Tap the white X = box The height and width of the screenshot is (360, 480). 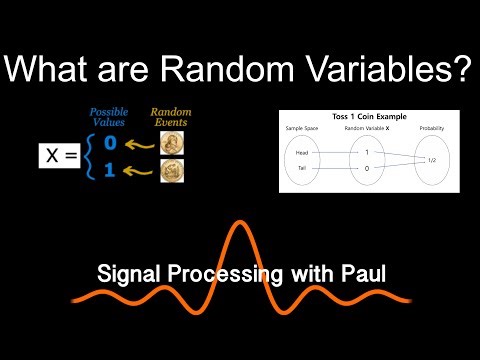coord(61,155)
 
